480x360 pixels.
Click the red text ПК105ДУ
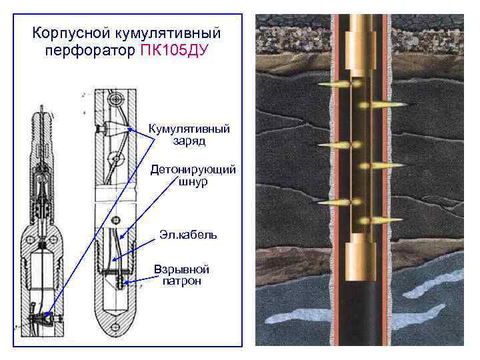click(175, 51)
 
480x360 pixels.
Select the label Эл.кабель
click(187, 235)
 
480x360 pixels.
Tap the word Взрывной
click(181, 269)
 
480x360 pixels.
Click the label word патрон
click(181, 281)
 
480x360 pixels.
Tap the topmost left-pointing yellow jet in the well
click(329, 85)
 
